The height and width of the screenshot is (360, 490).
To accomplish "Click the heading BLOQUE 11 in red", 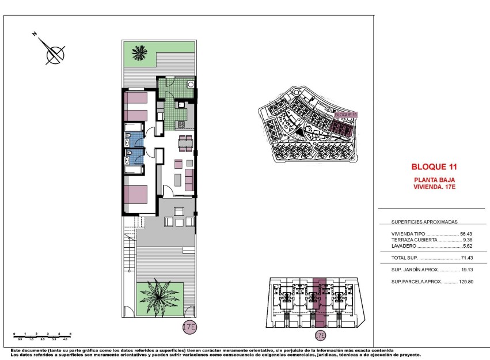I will coord(434,167).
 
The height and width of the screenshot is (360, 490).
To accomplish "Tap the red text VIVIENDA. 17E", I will coord(434,186).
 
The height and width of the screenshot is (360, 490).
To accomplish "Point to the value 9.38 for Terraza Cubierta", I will coord(468,240).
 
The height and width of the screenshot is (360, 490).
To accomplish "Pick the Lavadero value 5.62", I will coord(467,246).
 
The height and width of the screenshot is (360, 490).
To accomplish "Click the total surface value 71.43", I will coord(466,258).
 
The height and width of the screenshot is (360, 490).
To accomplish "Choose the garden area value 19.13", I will coord(466,270).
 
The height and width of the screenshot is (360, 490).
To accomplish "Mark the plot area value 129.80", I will coord(465,282).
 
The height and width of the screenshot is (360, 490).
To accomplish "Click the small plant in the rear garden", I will coord(138,54).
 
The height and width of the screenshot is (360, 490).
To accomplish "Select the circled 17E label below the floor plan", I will coord(189,328).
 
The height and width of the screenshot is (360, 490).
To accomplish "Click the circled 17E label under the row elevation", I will coord(321,335).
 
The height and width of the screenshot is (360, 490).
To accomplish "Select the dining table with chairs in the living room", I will coord(185,142).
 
